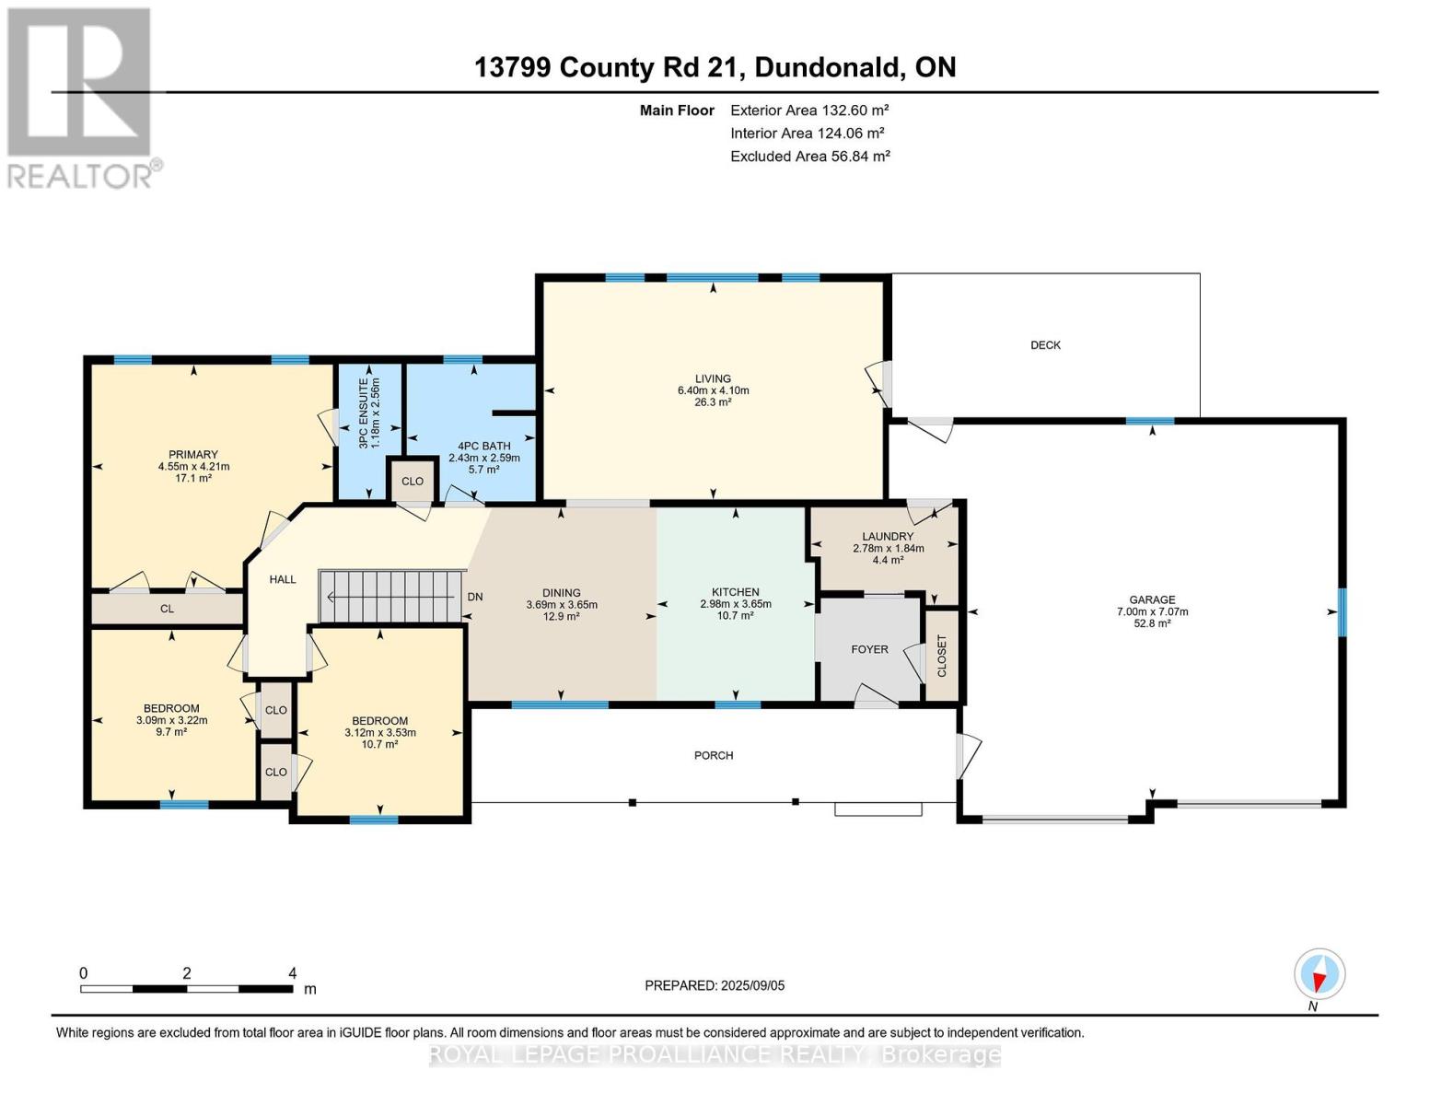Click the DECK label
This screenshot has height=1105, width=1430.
(1045, 345)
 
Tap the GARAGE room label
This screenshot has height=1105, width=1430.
(1152, 599)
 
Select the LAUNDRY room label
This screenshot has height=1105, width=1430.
(888, 536)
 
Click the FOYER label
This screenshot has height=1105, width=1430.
(869, 649)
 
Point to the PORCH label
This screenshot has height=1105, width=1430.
(714, 755)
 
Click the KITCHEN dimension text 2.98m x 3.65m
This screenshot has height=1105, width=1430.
(735, 604)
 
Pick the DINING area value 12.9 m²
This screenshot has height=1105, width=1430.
(561, 616)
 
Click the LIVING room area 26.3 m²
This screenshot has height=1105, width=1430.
(713, 402)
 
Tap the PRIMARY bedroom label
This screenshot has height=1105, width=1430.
(193, 454)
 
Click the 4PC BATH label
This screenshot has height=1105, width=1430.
(483, 446)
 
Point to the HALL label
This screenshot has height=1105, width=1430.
(283, 579)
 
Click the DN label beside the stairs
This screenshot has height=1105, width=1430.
(475, 597)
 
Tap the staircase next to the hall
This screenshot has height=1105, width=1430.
(389, 597)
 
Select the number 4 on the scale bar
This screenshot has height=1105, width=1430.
(292, 973)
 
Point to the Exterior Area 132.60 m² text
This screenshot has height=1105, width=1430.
(809, 110)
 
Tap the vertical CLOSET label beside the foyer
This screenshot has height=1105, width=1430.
(942, 656)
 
